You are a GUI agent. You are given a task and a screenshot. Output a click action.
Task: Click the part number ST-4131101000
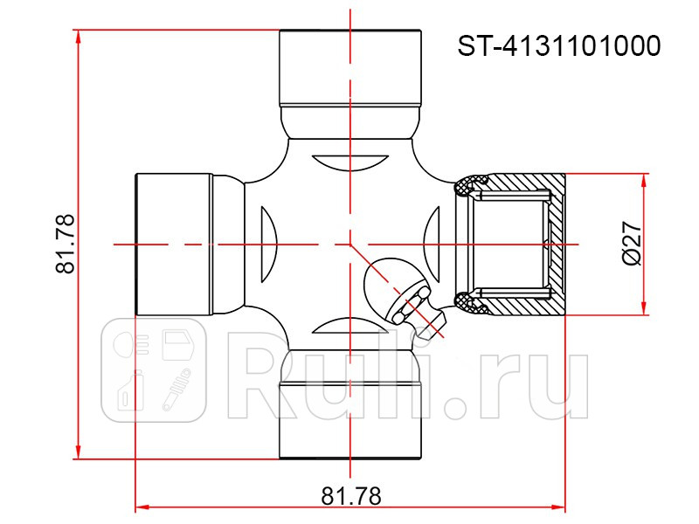(559, 45)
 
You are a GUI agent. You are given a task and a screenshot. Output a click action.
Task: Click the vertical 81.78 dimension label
(65, 244)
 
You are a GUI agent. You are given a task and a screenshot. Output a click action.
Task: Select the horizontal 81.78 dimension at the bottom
(351, 496)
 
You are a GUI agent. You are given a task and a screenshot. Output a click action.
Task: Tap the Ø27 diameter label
(632, 244)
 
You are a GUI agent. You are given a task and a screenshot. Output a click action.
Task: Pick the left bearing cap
(173, 245)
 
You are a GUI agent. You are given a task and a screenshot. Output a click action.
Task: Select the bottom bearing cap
(350, 420)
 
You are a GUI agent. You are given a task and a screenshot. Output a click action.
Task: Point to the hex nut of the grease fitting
(408, 305)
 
